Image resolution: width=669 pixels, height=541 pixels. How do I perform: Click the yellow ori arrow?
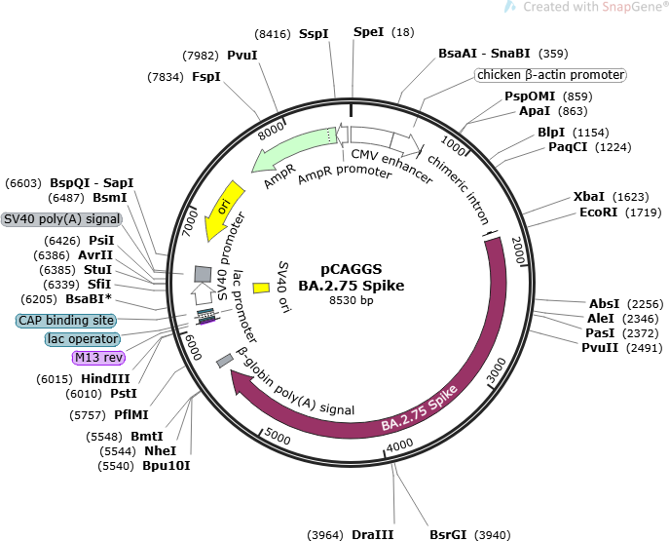pos(224,211)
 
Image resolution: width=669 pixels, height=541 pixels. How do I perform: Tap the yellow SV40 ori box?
pos(261,288)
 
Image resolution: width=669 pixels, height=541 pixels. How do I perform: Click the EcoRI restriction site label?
pos(598,212)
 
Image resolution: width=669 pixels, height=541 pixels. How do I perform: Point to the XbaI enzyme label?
pos(588,196)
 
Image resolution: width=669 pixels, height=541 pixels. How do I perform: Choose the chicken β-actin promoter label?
pos(550,75)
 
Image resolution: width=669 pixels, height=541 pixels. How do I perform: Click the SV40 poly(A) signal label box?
pos(61,219)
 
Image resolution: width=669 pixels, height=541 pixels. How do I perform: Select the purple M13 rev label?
pos(98,358)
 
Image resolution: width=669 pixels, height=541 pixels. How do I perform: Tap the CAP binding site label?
pos(66,321)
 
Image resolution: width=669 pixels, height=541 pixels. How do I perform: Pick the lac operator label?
pos(83,339)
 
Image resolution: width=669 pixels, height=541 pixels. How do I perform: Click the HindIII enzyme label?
pos(105,379)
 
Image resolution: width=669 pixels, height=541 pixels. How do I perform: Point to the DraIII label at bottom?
pos(372,534)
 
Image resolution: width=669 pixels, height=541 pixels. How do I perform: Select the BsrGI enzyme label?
pos(448,534)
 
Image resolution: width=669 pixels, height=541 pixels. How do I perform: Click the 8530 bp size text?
pos(352,300)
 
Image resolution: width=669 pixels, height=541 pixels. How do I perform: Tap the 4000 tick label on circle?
pos(399,445)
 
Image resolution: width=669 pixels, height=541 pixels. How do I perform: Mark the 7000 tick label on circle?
pos(190,223)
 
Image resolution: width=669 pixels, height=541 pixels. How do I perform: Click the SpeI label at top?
pos(369,32)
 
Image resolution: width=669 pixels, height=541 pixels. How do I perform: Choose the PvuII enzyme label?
pos(600,348)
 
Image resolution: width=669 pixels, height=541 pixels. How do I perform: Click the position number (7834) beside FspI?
pos(166,77)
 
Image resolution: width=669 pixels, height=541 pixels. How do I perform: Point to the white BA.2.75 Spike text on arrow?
pos(420,407)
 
